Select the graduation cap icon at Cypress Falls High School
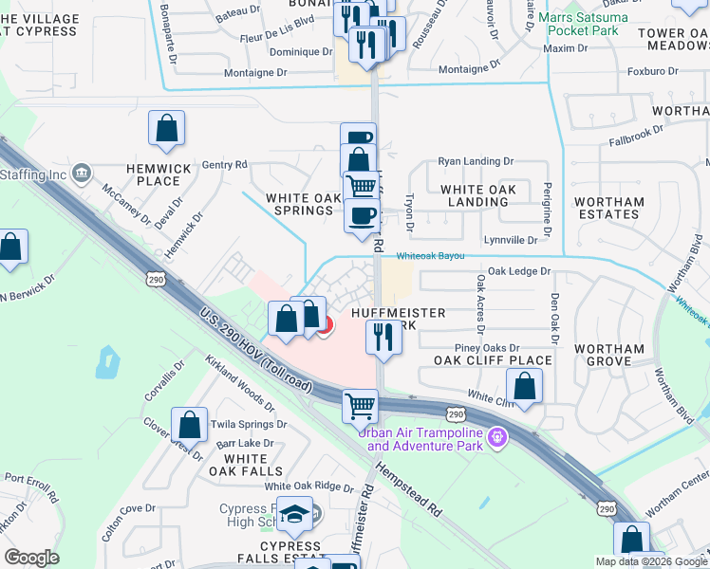tap(297, 514)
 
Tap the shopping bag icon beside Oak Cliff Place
tap(524, 385)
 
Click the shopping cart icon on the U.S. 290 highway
tap(360, 405)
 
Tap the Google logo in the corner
tap(31, 558)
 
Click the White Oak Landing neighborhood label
tap(478, 196)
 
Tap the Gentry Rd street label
tap(224, 164)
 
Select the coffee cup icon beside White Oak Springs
tap(360, 214)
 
